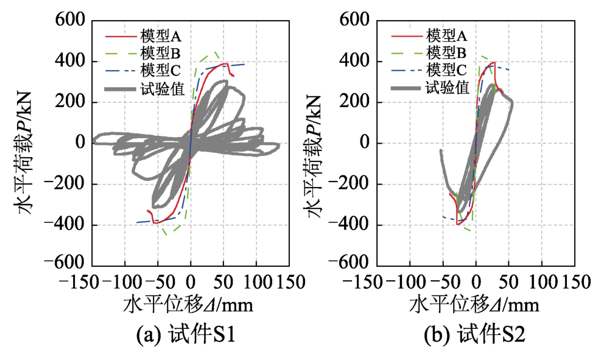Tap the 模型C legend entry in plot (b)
pos(446,68)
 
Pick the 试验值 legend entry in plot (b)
pos(447,87)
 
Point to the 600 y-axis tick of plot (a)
pos(72,21)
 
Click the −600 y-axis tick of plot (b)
pos(353,266)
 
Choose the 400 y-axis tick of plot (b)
pos(358,62)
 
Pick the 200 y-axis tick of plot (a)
pos(72,102)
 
